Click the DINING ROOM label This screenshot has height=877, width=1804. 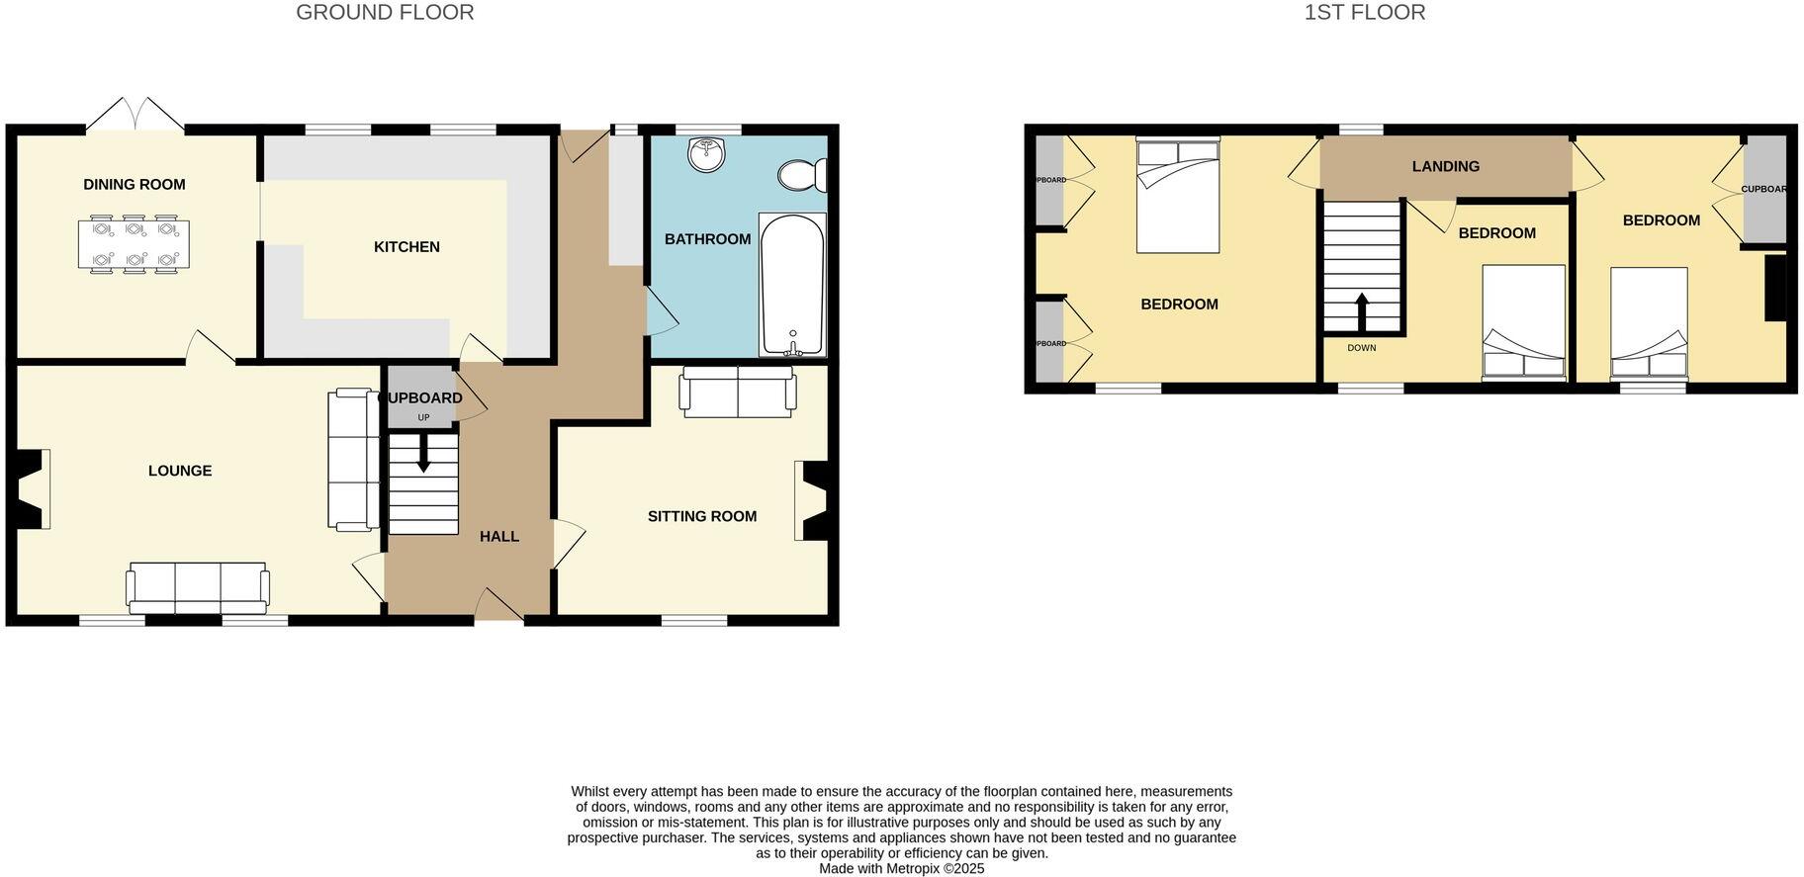134,184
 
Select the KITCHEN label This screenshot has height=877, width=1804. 406,246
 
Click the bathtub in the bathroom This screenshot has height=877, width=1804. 791,284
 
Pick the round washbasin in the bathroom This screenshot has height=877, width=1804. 707,154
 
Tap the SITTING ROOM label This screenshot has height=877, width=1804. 701,516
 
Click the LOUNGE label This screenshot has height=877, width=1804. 180,471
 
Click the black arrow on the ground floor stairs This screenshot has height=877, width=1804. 423,457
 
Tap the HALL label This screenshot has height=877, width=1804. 499,536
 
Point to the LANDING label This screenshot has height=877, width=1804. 1445,166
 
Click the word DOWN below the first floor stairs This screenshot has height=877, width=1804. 1361,348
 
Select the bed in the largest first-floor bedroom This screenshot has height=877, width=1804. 1177,195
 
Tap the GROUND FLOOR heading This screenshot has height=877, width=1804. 385,13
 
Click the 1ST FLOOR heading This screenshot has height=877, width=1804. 1364,13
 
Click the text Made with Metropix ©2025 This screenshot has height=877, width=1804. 901,869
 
